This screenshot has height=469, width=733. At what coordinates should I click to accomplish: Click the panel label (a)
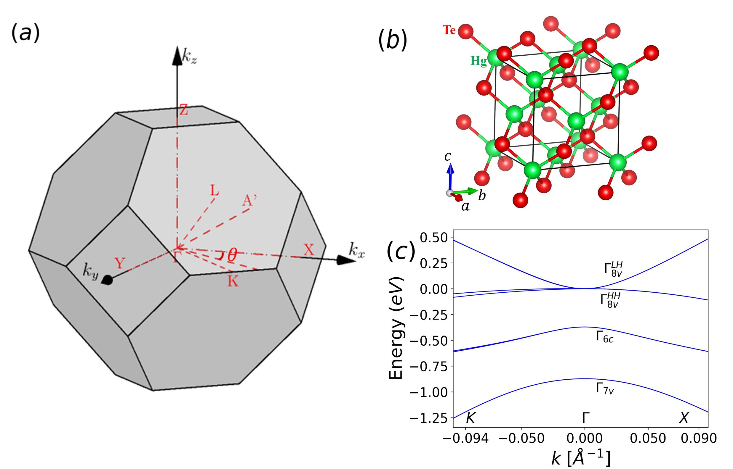click(x=25, y=33)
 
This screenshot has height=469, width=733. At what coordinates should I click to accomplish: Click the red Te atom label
click(x=449, y=30)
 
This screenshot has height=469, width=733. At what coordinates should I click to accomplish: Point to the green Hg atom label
click(x=478, y=61)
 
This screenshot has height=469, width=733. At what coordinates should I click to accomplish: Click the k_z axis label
click(x=189, y=56)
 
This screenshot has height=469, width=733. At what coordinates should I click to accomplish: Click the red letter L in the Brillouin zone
click(x=215, y=191)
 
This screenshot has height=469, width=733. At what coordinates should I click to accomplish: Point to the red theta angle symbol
click(x=232, y=254)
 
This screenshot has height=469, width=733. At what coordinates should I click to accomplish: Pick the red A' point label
click(x=249, y=200)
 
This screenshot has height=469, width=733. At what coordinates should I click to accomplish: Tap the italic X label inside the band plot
click(x=684, y=418)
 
